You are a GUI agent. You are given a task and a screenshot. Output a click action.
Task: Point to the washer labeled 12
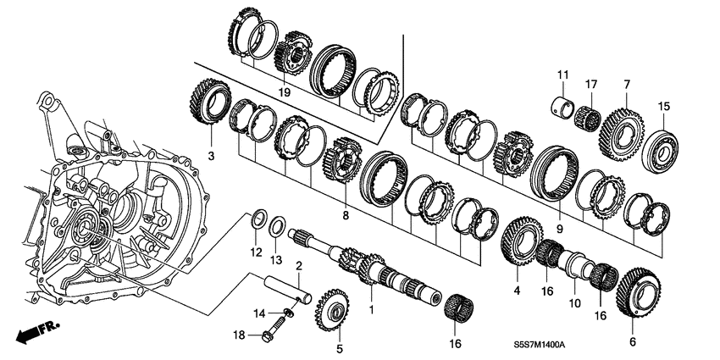click(x=260, y=220)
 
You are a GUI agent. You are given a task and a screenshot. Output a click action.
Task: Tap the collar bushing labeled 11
click(x=561, y=109)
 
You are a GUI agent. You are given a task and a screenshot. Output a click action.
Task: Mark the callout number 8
click(x=345, y=217)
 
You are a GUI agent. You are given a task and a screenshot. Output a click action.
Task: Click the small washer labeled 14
click(x=288, y=313)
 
